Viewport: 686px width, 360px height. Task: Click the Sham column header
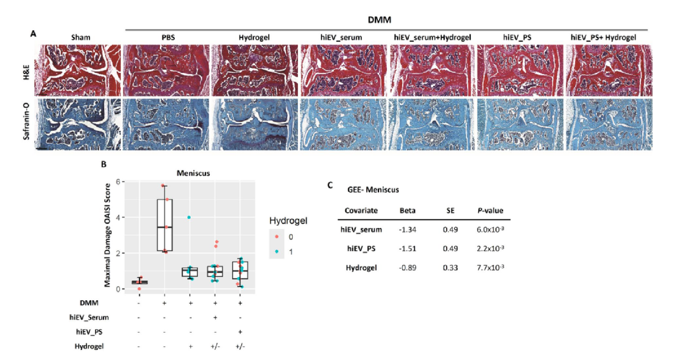81,37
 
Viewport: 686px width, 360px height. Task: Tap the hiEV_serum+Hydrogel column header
432,37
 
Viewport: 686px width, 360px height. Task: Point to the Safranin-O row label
26,124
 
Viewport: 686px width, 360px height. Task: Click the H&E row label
26,70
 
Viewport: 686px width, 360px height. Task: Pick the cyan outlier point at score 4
189,217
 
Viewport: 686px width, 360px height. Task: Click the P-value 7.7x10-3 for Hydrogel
491,268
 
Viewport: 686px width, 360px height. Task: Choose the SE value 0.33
450,268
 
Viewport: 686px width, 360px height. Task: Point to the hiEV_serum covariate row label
360,229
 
